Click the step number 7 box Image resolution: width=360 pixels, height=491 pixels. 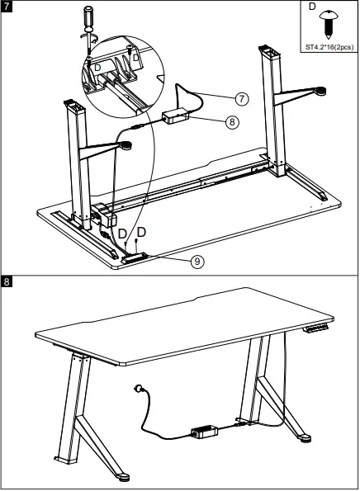click(7, 7)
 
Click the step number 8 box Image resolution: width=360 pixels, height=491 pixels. click(7, 283)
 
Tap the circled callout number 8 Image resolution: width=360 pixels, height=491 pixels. click(232, 122)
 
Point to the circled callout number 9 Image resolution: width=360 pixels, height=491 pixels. click(197, 262)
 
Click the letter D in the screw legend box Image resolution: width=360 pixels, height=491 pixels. click(311, 6)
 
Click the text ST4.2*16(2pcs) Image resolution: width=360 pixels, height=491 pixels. click(327, 46)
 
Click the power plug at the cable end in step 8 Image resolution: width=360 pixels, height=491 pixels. click(135, 388)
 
